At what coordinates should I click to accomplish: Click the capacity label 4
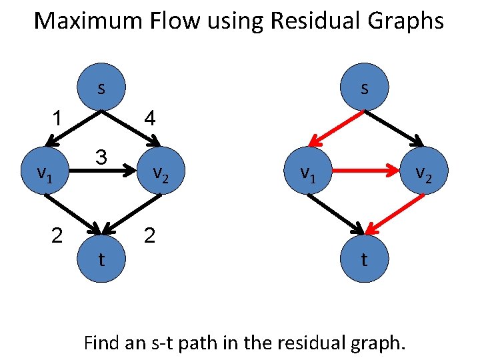click(150, 119)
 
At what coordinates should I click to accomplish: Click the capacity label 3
click(101, 158)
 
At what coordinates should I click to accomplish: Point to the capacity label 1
click(59, 119)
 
